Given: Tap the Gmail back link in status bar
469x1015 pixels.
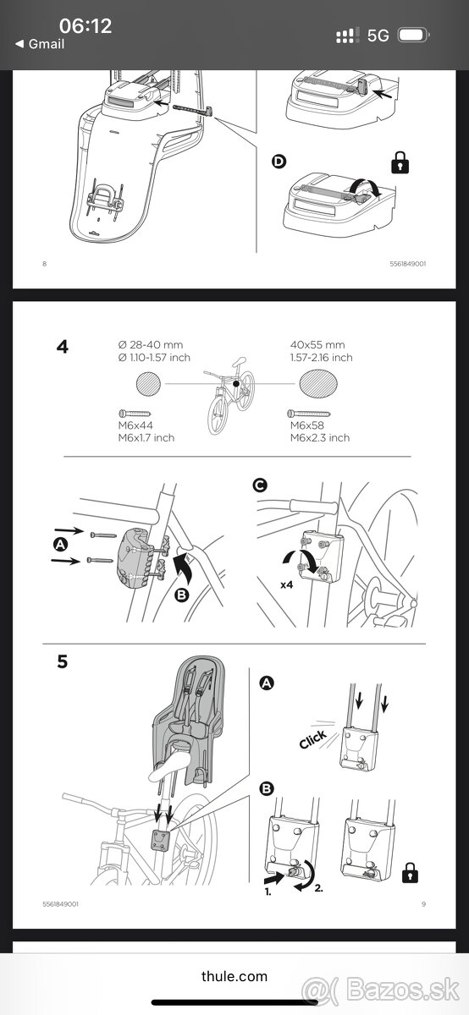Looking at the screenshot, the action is tap(40, 44).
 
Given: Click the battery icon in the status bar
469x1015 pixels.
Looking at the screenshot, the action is tap(414, 35).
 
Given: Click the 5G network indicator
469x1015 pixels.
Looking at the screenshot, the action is tap(378, 36).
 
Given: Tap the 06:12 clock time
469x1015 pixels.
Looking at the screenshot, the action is tap(86, 26).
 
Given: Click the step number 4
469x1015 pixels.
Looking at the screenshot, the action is tap(63, 347).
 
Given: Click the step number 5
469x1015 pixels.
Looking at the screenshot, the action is tap(62, 661).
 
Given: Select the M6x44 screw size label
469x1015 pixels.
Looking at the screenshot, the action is tap(135, 425).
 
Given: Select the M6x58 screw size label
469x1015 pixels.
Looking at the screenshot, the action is tap(307, 425).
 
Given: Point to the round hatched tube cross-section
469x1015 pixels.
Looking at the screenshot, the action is tap(148, 384).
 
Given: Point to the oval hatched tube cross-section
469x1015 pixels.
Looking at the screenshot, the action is tap(318, 384).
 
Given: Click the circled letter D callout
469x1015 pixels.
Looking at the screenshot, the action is tap(279, 162).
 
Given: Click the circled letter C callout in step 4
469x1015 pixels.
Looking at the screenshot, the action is tap(260, 486).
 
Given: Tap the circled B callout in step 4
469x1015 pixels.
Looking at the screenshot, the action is tap(181, 595).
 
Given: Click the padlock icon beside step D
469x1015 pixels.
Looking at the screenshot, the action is tap(400, 162).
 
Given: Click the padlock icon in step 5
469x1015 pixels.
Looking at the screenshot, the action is tap(410, 872).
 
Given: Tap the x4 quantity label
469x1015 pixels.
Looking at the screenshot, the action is tap(287, 585).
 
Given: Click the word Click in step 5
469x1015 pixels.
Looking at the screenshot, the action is tap(312, 739).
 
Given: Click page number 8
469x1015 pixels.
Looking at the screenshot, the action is tap(44, 264).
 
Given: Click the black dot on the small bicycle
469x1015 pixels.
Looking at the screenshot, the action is tap(236, 384).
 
